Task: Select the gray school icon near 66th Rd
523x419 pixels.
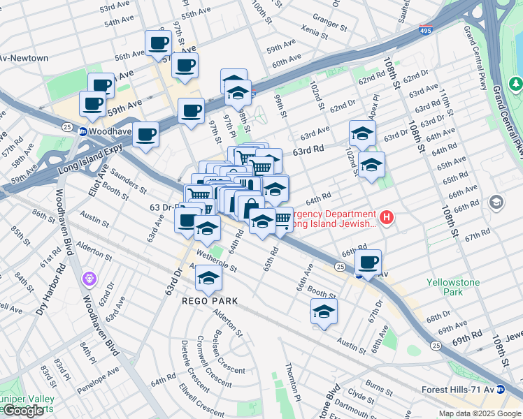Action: [496, 203]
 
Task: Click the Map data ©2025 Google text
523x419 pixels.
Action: [479, 413]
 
